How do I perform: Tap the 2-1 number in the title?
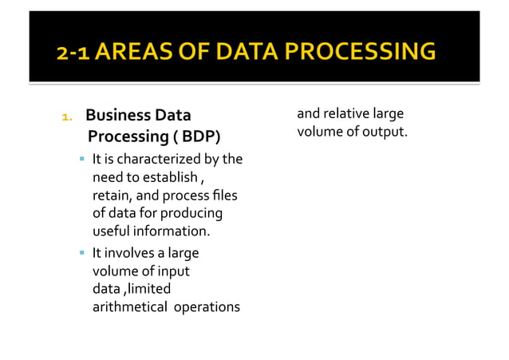[75, 52]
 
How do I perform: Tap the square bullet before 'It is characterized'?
[81, 160]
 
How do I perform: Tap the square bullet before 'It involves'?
[81, 253]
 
